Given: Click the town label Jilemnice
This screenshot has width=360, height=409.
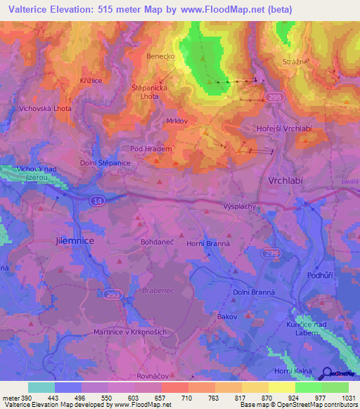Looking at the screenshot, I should point(74,240).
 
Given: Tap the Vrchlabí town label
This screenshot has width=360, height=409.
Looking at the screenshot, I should point(286,180).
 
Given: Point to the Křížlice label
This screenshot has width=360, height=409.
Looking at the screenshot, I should point(91,82).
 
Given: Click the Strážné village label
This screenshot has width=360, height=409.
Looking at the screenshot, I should point(297,62).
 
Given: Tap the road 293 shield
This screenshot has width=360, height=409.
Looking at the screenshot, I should point(112,296).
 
